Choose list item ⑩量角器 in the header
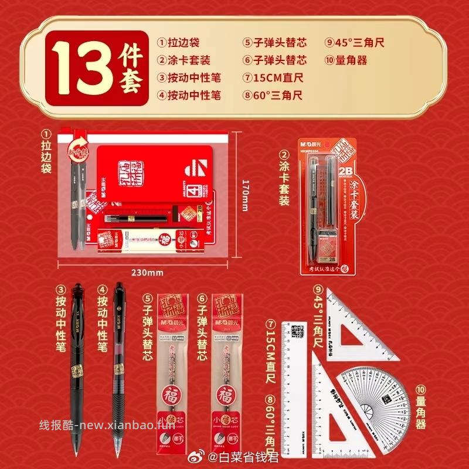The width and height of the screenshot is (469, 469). [346, 60]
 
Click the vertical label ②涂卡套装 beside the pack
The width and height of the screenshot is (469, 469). [284, 178]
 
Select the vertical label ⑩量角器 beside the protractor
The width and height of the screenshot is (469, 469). [420, 407]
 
